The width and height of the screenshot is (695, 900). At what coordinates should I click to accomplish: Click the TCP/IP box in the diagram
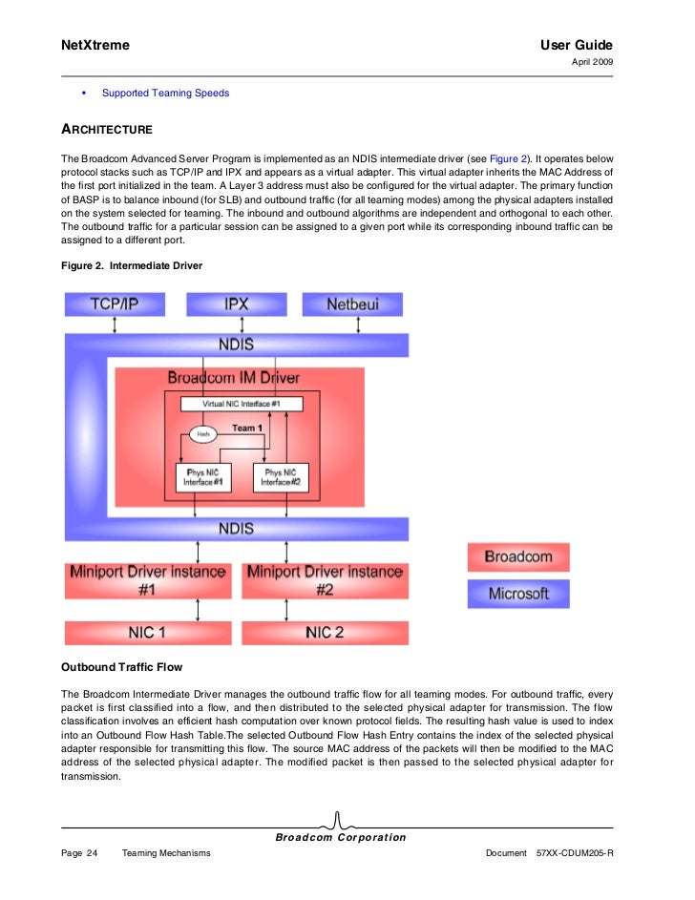116,304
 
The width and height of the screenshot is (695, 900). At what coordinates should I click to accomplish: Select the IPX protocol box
236,304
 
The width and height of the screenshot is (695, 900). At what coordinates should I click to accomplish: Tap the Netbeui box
352,304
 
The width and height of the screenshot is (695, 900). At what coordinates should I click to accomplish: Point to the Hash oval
202,433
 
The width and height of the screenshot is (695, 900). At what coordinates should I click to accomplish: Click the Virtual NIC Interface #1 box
241,404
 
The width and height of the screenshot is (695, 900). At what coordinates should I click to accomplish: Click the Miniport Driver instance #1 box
147,580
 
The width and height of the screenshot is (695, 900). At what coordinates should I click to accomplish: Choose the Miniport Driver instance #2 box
325,580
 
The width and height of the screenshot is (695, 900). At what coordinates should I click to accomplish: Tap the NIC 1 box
147,633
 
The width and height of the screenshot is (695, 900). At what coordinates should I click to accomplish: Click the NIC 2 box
325,633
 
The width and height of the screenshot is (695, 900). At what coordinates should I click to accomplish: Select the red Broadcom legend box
517,556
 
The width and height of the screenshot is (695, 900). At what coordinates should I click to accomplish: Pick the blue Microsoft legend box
517,594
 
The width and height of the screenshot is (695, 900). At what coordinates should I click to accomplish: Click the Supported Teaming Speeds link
165,94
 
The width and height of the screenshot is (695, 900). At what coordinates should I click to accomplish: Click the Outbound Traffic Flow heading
121,666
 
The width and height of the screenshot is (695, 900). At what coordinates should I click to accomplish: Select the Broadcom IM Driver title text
234,378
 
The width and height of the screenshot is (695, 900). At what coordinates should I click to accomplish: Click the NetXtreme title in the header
95,46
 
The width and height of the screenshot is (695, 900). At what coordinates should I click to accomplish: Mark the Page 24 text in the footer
79,852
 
